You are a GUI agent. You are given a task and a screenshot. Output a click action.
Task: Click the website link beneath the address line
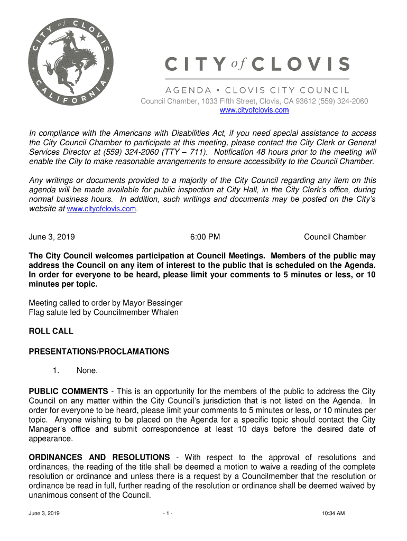pyautogui.click(x=254, y=110)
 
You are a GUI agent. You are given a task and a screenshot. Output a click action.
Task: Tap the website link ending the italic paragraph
pyautogui.click(x=103, y=209)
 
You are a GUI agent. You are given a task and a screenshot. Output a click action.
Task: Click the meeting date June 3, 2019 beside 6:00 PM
pyautogui.click(x=51, y=237)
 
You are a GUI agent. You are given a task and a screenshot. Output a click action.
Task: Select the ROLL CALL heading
pyautogui.click(x=51, y=331)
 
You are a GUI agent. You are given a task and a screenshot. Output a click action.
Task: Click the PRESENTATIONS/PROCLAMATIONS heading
pyautogui.click(x=99, y=351)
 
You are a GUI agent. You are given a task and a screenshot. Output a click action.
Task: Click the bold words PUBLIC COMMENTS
pyautogui.click(x=68, y=391)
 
